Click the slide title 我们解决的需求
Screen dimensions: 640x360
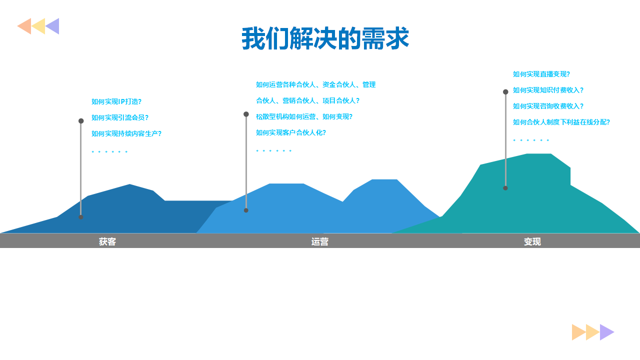pos(325,38)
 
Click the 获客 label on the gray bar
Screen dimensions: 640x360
pos(107,241)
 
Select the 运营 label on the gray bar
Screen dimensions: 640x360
pos(319,241)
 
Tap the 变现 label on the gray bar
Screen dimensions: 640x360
pos(532,241)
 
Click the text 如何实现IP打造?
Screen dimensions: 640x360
pos(116,101)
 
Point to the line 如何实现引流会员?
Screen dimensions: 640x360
pos(119,117)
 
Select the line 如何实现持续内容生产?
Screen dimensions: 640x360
pos(126,133)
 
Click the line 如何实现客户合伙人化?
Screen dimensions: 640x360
pos(291,132)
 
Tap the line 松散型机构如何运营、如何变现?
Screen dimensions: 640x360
pos(304,116)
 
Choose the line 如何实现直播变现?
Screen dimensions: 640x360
pos(541,74)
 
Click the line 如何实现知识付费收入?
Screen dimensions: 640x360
pos(548,90)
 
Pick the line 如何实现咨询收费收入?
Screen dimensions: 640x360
pos(548,106)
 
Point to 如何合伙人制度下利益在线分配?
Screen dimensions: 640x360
pos(561,122)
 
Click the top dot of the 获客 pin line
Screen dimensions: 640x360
pos(81,121)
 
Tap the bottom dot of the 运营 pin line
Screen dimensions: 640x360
pos(246,210)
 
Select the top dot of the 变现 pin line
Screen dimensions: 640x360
pos(505,91)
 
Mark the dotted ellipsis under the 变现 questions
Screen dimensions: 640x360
pos(531,140)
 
